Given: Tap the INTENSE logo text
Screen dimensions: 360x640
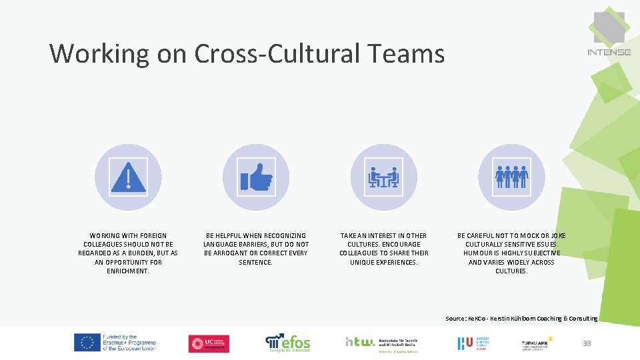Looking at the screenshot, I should pos(609,52).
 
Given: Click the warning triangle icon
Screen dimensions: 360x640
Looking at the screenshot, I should pos(128,177).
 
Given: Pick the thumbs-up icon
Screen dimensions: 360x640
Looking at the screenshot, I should pos(256,177).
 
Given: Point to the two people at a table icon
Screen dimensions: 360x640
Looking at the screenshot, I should pos(383,177).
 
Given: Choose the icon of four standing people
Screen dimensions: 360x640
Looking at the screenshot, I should pos(511,177).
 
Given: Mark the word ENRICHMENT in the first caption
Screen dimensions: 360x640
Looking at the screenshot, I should pos(128,271).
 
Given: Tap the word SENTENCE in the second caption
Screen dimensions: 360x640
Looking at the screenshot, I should pos(255,263).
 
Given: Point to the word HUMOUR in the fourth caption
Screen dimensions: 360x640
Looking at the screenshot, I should pos(478,253).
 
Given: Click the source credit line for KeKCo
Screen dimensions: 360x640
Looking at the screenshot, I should pos(521,319).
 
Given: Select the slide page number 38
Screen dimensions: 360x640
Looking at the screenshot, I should pos(587,343).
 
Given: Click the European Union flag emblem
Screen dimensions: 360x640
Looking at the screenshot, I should pos(87,343).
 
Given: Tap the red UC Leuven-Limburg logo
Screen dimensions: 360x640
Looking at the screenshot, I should pos(209,343).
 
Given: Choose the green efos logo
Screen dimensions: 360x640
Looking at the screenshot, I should pos(288,343).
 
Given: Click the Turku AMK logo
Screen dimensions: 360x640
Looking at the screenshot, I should pos(536,343).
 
